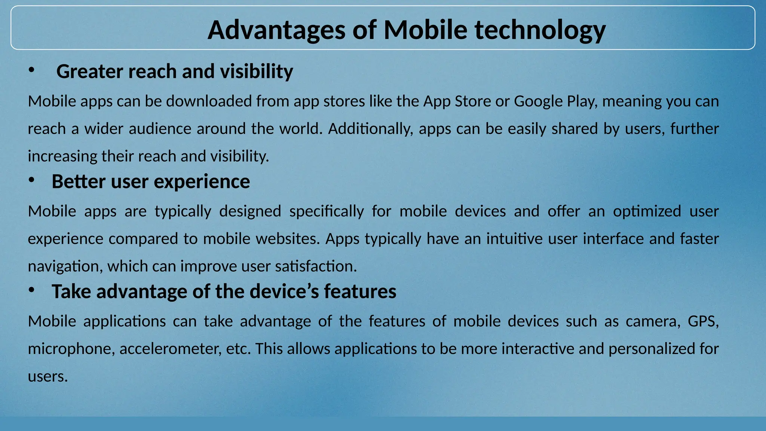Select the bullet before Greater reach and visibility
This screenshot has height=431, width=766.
pos(31,70)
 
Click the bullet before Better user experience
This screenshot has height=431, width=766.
pos(31,180)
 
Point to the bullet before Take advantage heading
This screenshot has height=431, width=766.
pos(31,290)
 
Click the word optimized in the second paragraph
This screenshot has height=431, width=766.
pos(647,211)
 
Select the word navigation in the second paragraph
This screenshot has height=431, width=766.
pos(65,266)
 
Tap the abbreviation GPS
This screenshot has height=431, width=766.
pos(703,321)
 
